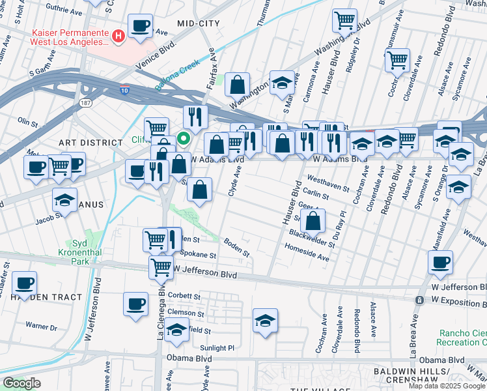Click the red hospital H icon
[118, 36]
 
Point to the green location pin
[184, 138]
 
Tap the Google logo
[21, 383]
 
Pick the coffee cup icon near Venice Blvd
[139, 26]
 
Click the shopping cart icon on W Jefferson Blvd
[161, 267]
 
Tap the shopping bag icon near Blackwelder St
[313, 221]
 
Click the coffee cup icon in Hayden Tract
[25, 283]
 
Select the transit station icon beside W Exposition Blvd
[420, 300]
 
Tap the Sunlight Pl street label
[217, 348]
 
